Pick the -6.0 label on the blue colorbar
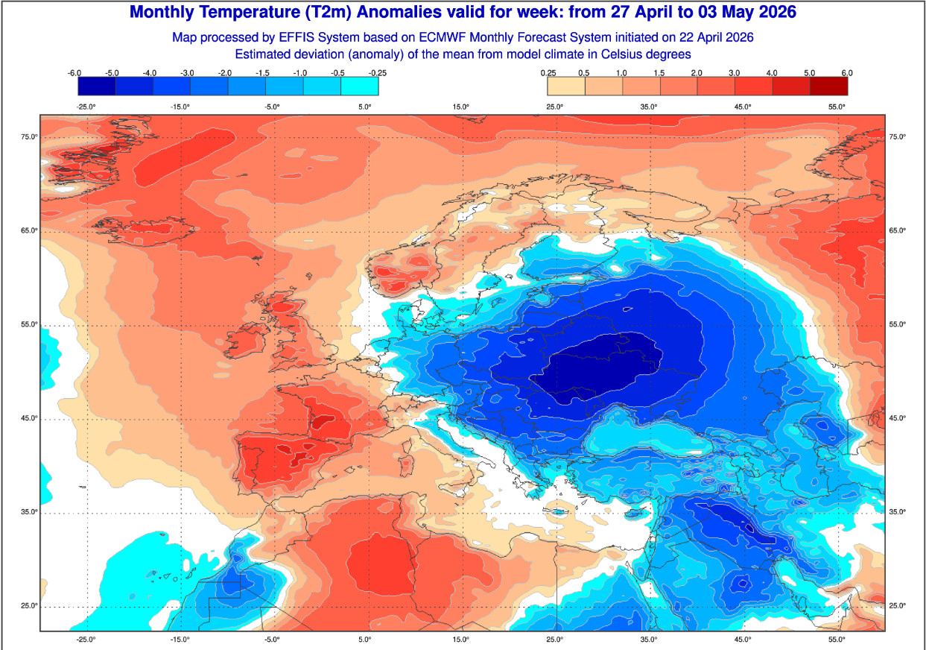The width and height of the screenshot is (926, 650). (74, 72)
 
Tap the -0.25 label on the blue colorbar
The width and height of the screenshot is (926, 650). (377, 72)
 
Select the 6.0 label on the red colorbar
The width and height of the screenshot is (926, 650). (846, 72)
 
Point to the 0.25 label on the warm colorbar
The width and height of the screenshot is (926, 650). (548, 72)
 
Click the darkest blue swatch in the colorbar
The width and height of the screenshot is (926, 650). (97, 86)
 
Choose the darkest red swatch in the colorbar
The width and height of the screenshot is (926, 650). (828, 86)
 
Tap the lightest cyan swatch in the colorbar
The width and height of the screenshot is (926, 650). (359, 86)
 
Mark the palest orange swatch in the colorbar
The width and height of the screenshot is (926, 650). (566, 86)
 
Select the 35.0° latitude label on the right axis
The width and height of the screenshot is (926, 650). (897, 512)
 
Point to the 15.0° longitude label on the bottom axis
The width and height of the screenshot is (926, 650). (460, 640)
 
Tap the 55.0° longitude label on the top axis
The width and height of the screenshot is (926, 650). (837, 107)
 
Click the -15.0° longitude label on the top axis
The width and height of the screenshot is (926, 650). (179, 107)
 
